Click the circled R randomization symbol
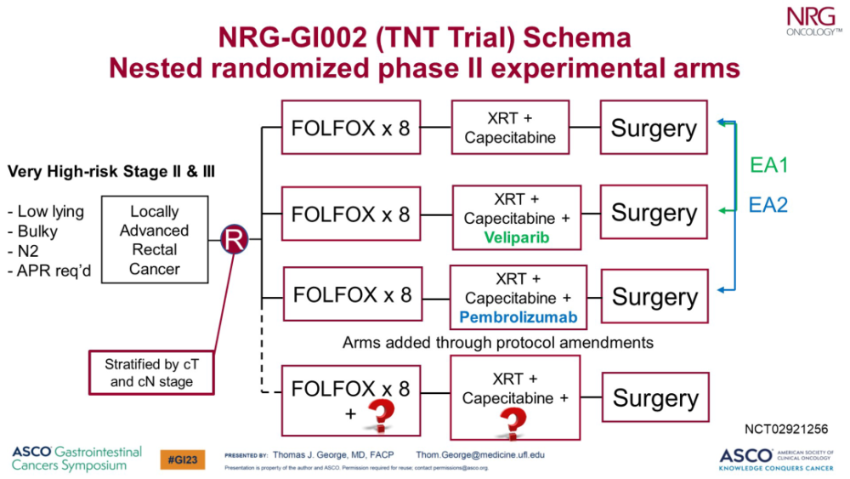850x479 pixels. click(235, 240)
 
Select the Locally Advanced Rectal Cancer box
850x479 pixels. click(154, 240)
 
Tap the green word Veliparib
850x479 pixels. click(517, 238)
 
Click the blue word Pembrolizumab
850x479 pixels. click(518, 317)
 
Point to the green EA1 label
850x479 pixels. click(768, 165)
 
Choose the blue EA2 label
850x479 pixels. click(768, 204)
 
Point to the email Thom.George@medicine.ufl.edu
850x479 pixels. click(480, 454)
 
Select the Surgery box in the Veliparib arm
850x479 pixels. click(654, 213)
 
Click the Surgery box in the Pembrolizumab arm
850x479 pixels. click(654, 297)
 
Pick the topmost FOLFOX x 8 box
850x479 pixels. click(350, 128)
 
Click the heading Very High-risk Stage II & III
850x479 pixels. click(110, 172)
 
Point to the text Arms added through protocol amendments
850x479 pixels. click(497, 343)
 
